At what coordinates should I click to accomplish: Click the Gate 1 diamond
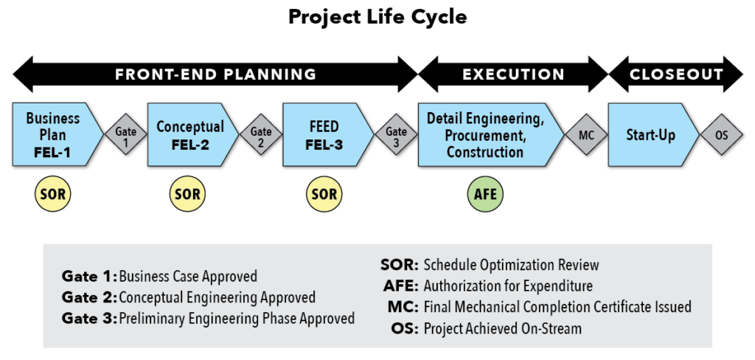pos(125,134)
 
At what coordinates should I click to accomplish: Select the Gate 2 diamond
pos(261,134)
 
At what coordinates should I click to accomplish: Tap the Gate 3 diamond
pos(396,134)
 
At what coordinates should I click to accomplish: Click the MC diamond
pos(586,135)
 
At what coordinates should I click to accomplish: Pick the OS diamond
pos(722,135)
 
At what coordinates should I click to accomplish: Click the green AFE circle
pos(485,194)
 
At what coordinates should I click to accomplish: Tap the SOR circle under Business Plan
pos(53,194)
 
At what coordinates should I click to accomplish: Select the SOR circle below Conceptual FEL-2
pos(187,194)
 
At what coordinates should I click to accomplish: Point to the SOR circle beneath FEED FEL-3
pos(324,194)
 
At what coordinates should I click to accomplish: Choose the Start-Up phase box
pos(653,135)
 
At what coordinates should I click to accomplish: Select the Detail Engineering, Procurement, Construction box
pos(490,135)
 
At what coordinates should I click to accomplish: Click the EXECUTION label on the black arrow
pos(513,75)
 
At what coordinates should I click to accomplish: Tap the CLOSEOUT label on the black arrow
pos(676,75)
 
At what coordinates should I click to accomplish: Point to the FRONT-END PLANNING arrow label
pos(216,75)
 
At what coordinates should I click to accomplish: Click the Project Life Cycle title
pos(377,18)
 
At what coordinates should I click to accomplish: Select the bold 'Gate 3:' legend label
pos(89,318)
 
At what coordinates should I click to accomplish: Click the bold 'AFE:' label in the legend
pos(401,285)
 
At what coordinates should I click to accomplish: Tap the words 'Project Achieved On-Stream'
pos(503,328)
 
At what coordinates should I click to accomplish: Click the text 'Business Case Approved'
pos(188,276)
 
